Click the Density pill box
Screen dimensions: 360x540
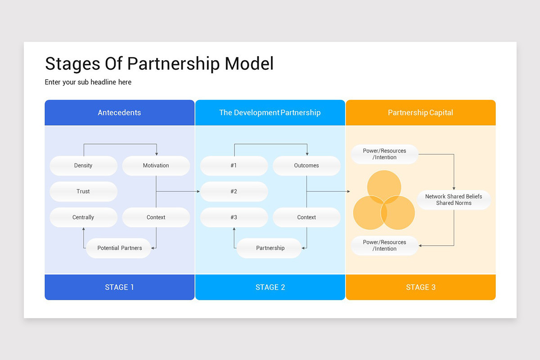coord(83,166)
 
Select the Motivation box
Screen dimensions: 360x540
coord(156,166)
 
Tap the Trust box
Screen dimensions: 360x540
coord(83,192)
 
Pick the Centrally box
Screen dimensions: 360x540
coord(83,217)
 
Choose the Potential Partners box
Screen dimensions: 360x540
coord(119,248)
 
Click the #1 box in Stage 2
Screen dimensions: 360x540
coord(234,166)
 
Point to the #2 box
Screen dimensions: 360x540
coord(234,192)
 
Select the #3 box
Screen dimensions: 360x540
coord(234,217)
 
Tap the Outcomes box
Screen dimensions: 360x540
coord(306,166)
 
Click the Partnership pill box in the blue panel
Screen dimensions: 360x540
coord(270,248)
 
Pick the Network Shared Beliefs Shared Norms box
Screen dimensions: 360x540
coord(454,200)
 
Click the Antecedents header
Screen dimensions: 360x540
coord(119,112)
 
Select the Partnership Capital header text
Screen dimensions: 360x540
coord(420,112)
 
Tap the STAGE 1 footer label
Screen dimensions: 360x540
coord(119,287)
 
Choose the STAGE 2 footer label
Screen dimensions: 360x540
coord(270,287)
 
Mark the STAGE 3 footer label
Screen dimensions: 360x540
coord(420,287)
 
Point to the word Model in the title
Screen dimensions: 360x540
coord(249,64)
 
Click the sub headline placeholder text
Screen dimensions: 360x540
coord(88,82)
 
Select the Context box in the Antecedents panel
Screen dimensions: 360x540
coord(156,217)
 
